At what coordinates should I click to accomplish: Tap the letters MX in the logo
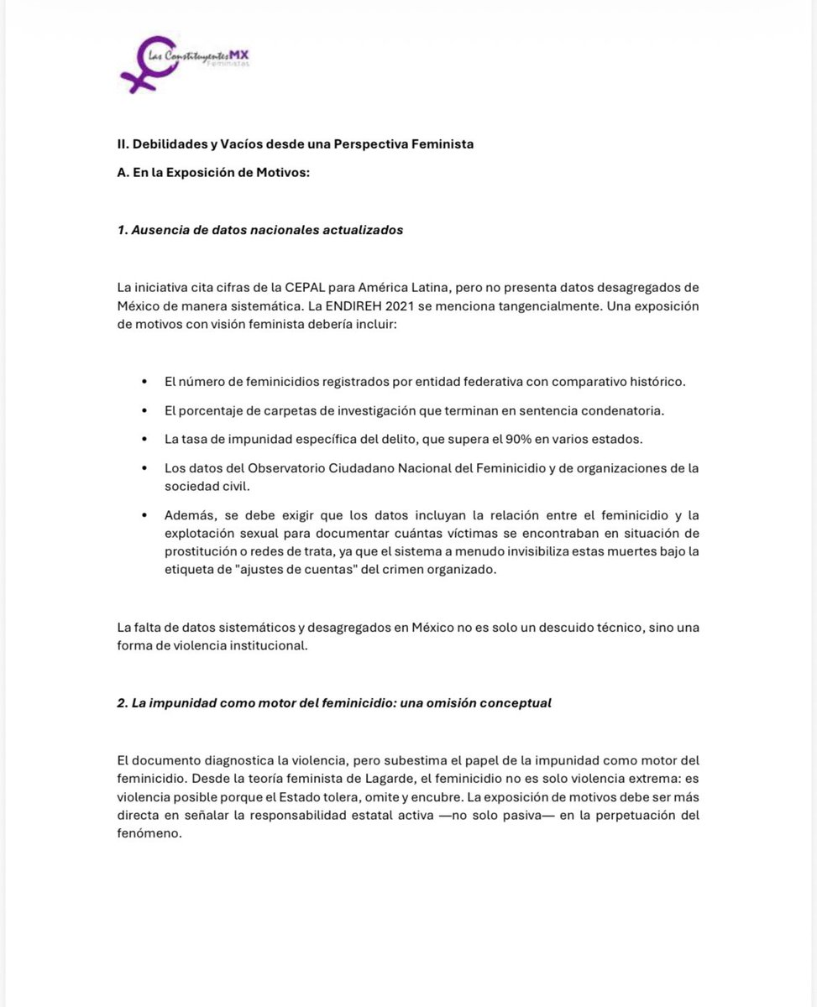click(251, 55)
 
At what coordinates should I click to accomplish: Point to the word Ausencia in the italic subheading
click(158, 230)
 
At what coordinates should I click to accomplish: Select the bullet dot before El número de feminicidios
click(145, 382)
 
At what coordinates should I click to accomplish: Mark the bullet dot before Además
click(145, 516)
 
